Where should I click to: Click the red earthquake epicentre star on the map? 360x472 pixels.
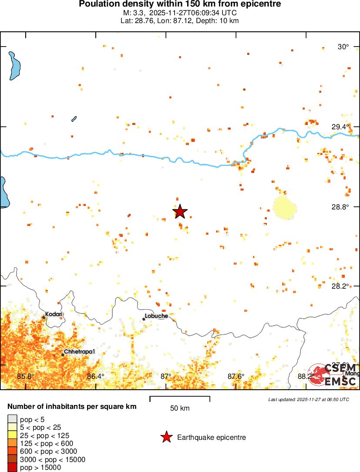[x=180, y=212]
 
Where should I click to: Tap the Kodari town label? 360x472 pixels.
[x=54, y=314]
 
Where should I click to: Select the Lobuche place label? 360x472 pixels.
[x=156, y=316]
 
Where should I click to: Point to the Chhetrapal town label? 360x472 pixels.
[x=79, y=351]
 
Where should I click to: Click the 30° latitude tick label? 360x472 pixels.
[x=344, y=47]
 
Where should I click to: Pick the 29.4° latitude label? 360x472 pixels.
[x=340, y=127]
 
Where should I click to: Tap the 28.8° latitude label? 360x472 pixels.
[x=340, y=207]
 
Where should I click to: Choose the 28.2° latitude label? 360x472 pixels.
[x=340, y=286]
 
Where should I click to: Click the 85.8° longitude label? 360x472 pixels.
[x=25, y=376]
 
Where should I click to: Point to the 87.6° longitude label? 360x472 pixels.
[x=236, y=376]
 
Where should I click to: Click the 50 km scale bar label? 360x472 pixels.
[x=180, y=408]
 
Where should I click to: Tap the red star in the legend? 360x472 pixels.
[x=166, y=437]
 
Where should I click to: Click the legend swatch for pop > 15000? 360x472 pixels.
[x=13, y=467]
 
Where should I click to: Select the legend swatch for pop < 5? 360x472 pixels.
[x=13, y=419]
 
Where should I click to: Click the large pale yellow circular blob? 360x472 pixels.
[x=285, y=208]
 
